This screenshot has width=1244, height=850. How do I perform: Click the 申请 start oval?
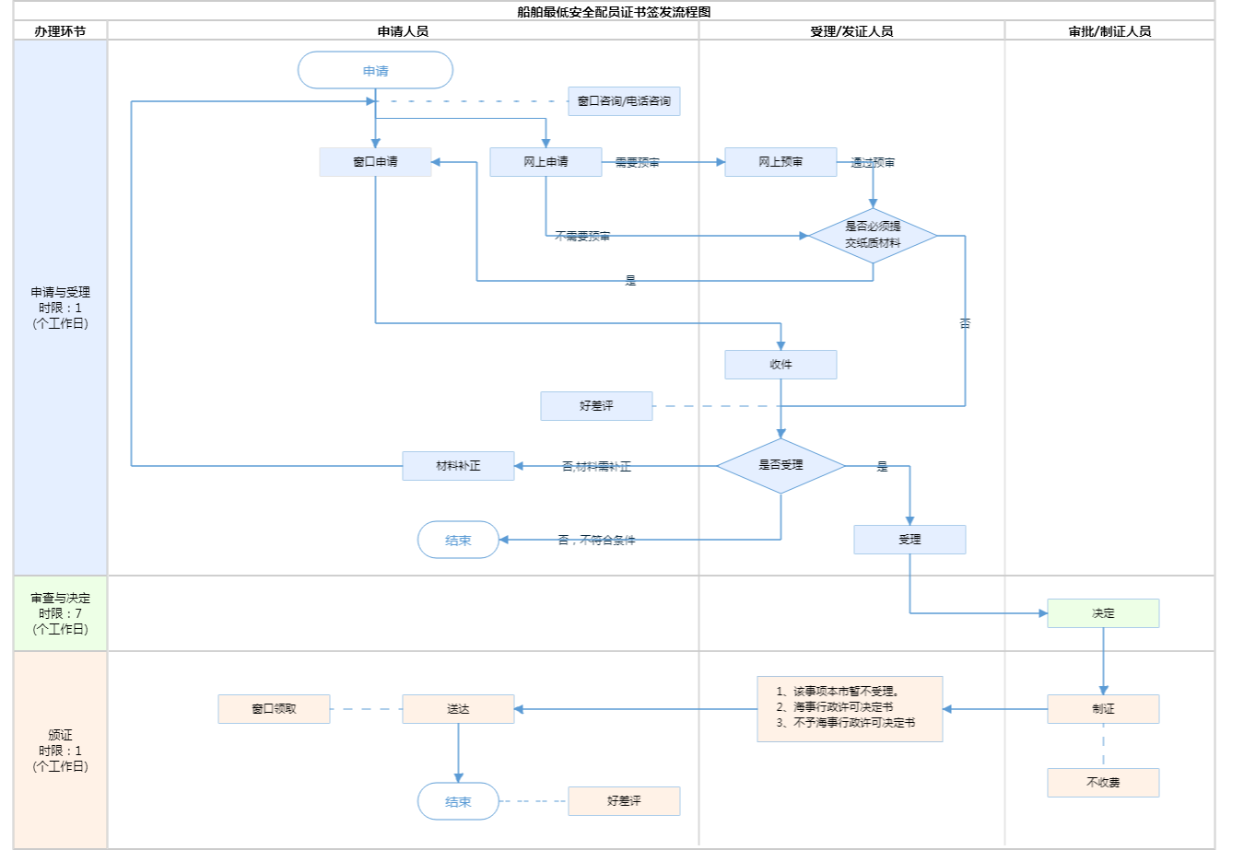(x=375, y=71)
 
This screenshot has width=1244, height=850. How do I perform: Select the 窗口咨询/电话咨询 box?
(x=624, y=101)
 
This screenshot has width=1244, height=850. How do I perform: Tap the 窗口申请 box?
(x=375, y=162)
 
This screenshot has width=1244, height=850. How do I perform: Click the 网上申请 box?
(x=546, y=162)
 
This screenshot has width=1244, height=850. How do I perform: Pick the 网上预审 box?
(x=780, y=162)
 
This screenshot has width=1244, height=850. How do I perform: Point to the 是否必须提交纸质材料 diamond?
(x=873, y=235)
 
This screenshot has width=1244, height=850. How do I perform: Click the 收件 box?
(x=780, y=365)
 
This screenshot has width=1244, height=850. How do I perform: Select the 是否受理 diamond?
(x=780, y=465)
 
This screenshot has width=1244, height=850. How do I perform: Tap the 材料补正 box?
(x=458, y=466)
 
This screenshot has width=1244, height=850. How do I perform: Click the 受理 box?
(x=910, y=540)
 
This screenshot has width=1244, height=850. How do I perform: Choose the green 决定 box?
(x=1103, y=613)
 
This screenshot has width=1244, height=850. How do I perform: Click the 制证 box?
(x=1103, y=709)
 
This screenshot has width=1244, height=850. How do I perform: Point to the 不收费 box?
(x=1103, y=783)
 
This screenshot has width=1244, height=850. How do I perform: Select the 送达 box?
(x=458, y=709)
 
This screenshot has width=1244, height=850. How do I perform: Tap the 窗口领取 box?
(x=274, y=709)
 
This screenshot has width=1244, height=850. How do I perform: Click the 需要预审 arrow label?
(x=637, y=163)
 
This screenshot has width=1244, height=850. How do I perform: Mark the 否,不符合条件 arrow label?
(x=596, y=541)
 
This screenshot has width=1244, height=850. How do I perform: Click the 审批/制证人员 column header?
(x=1109, y=31)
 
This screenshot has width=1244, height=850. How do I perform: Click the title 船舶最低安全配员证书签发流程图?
(x=614, y=12)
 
